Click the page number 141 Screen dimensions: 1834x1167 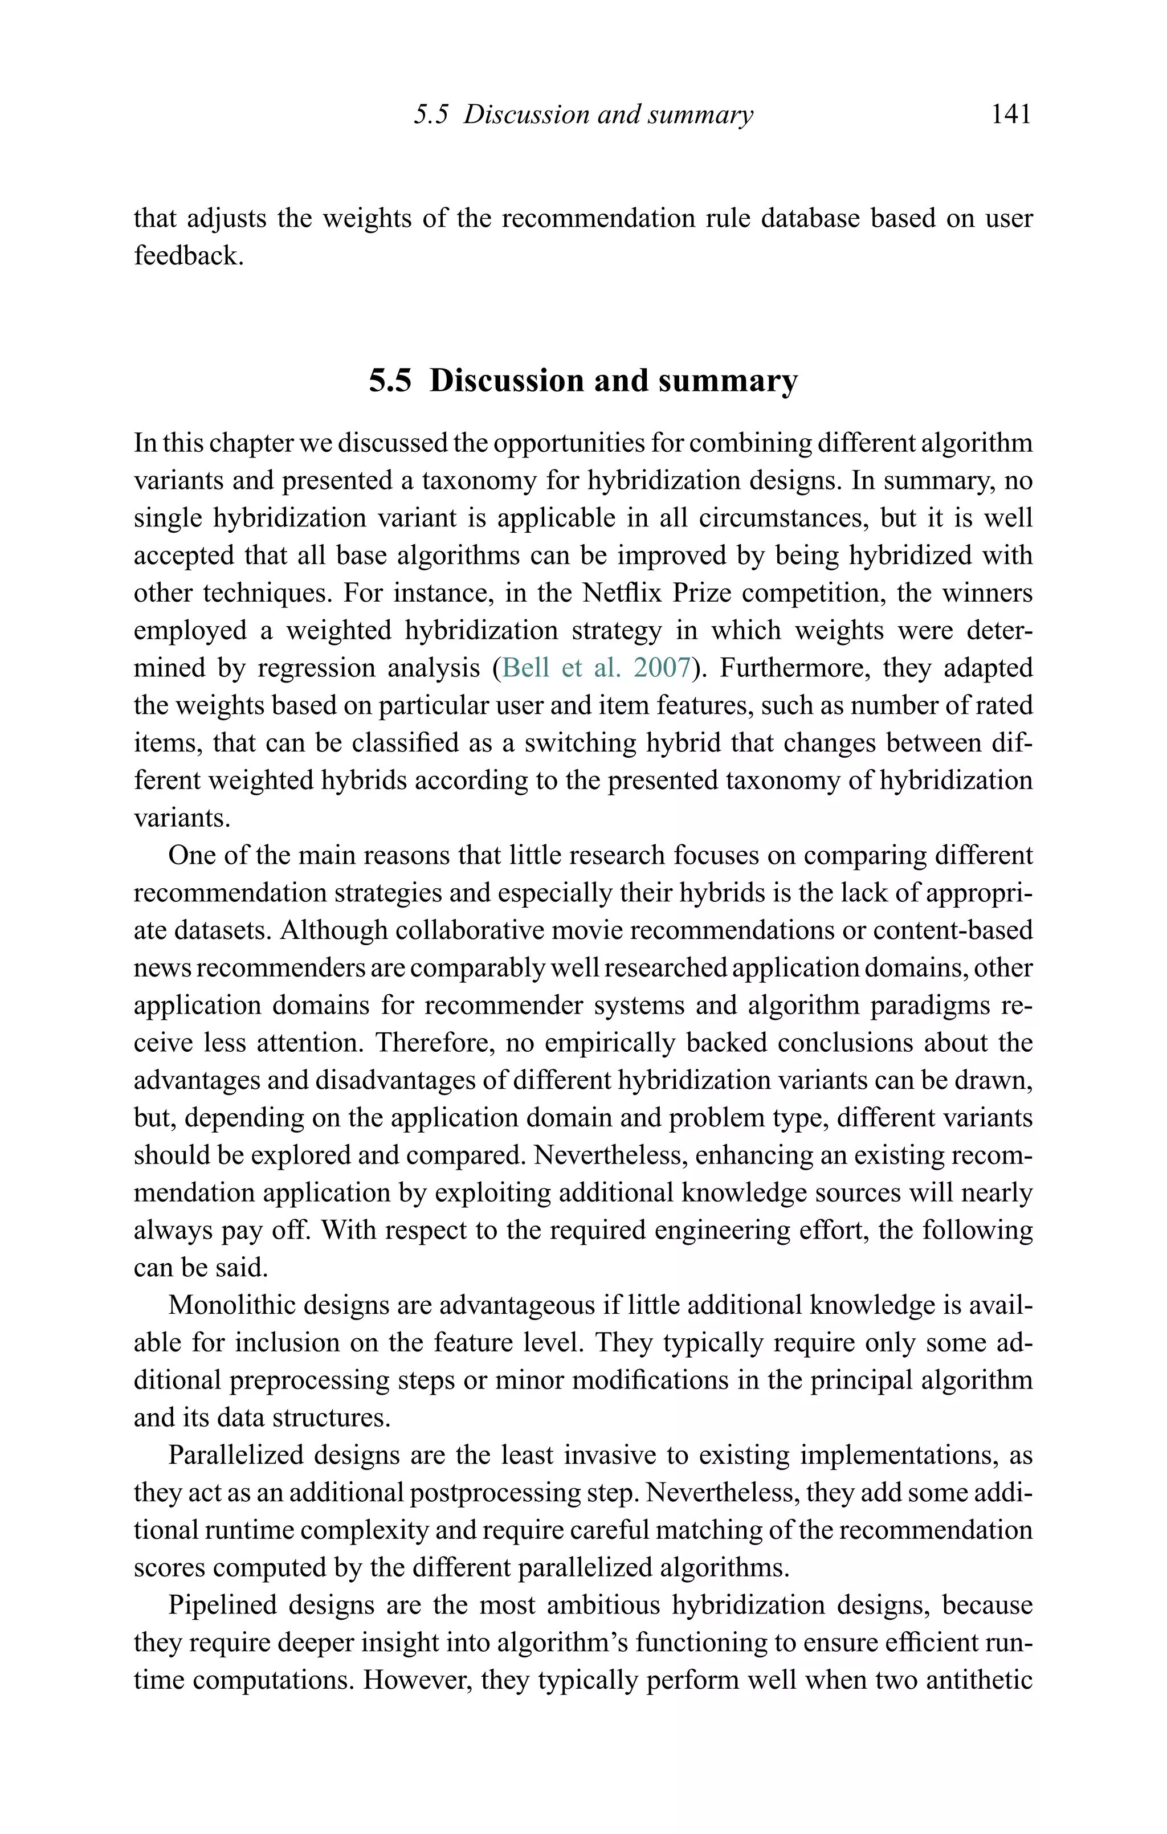[1011, 115]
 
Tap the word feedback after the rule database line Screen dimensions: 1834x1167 [188, 255]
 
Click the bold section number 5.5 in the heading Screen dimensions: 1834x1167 [390, 380]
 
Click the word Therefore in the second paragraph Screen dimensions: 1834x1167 [434, 1042]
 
